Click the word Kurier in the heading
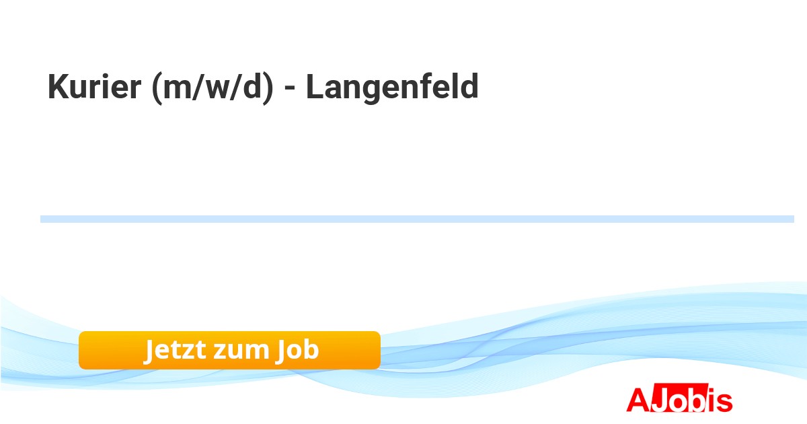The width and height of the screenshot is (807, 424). click(94, 86)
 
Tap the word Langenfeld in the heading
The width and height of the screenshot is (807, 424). click(392, 86)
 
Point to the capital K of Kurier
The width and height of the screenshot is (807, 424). click(59, 86)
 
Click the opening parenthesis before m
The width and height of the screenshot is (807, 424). click(157, 88)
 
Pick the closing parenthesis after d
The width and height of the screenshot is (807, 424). click(268, 88)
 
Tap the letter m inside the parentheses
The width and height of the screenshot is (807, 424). click(177, 90)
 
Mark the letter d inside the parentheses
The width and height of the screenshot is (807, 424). click(252, 86)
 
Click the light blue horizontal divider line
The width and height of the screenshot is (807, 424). click(417, 219)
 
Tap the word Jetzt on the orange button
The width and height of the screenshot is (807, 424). click(175, 350)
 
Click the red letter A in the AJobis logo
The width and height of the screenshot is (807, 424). click(638, 400)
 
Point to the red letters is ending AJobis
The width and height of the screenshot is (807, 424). click(719, 400)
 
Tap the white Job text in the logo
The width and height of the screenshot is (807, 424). click(678, 398)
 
